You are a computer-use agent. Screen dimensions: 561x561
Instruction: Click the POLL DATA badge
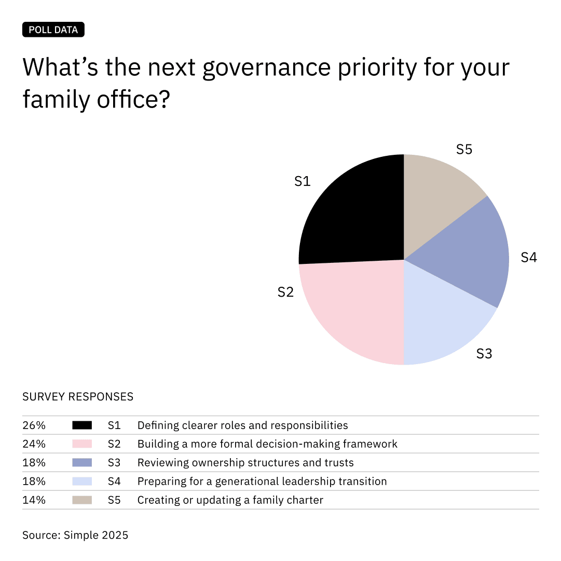pyautogui.click(x=53, y=30)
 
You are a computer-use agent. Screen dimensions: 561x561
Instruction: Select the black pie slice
pyautogui.click(x=353, y=213)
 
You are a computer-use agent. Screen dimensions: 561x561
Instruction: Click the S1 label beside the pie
pyautogui.click(x=302, y=181)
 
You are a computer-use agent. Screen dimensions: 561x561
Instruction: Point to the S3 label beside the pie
pyautogui.click(x=484, y=354)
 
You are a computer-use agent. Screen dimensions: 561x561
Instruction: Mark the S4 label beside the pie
pyautogui.click(x=528, y=257)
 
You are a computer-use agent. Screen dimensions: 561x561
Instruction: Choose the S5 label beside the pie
pyautogui.click(x=464, y=150)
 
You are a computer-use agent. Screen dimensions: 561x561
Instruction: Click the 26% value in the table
pyautogui.click(x=34, y=425)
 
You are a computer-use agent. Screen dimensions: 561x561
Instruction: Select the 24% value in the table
pyautogui.click(x=34, y=444)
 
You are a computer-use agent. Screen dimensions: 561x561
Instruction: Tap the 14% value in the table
pyautogui.click(x=34, y=500)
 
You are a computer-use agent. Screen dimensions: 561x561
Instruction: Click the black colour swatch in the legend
pyautogui.click(x=82, y=425)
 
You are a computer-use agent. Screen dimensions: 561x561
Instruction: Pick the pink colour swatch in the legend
pyautogui.click(x=82, y=444)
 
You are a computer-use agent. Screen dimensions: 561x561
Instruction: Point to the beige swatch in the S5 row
pyautogui.click(x=82, y=500)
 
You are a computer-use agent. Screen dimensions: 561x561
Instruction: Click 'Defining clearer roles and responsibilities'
pyautogui.click(x=242, y=425)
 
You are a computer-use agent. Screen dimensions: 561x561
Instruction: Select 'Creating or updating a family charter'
pyautogui.click(x=230, y=500)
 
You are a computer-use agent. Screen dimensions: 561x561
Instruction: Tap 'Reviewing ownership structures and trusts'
pyautogui.click(x=245, y=463)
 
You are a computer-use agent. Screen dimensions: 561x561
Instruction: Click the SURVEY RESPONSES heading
pyautogui.click(x=78, y=397)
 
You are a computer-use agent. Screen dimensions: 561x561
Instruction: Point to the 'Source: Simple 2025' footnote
pyautogui.click(x=75, y=535)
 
